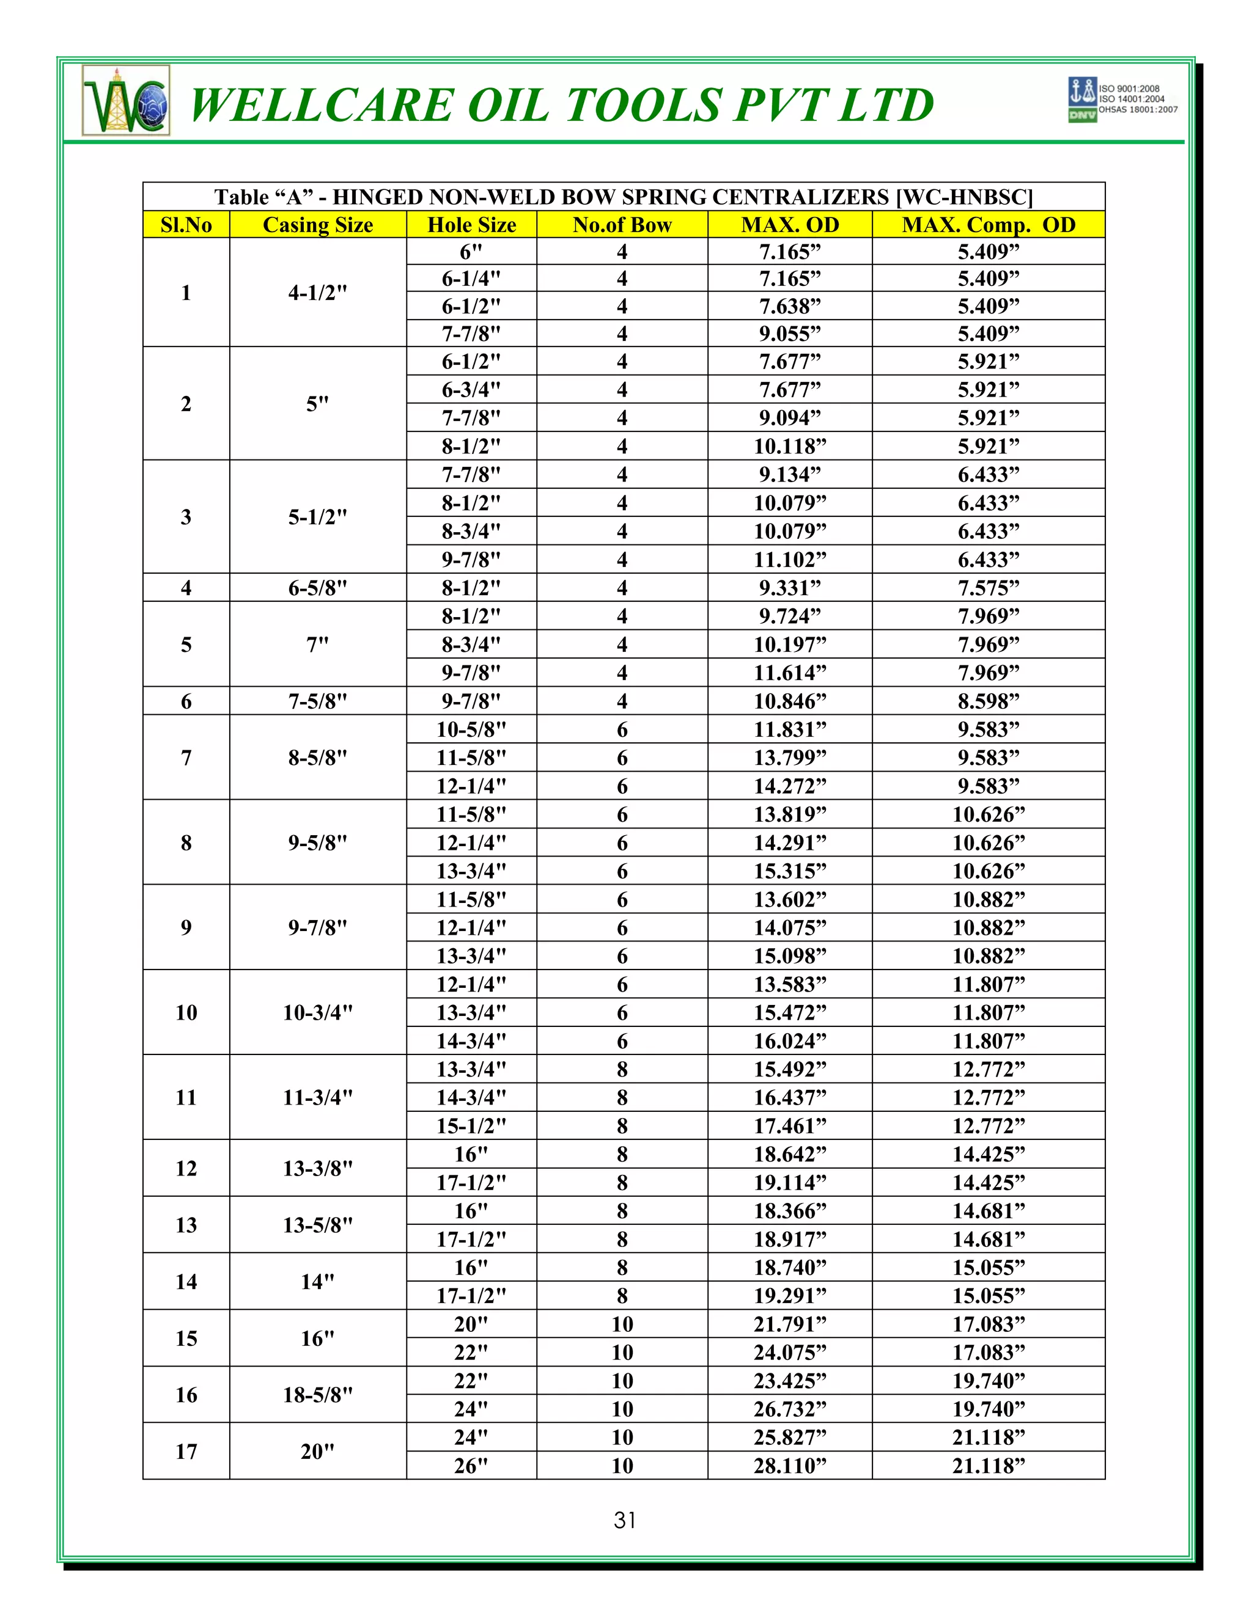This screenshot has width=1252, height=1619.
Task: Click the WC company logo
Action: pyautogui.click(x=126, y=100)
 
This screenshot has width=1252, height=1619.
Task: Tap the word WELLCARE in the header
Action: pyautogui.click(x=320, y=104)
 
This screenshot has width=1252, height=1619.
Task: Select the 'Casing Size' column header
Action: pyautogui.click(x=317, y=225)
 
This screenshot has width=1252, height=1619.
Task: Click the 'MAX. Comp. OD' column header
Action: pyautogui.click(x=988, y=225)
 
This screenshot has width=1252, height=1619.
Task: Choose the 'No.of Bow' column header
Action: pyautogui.click(x=622, y=225)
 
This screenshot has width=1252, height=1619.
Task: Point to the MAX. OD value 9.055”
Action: pyautogui.click(x=789, y=334)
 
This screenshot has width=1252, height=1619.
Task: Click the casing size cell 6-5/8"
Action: pyautogui.click(x=317, y=588)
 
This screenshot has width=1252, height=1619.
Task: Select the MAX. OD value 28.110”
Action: pyautogui.click(x=789, y=1466)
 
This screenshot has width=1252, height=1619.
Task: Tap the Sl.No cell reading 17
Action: pyautogui.click(x=186, y=1452)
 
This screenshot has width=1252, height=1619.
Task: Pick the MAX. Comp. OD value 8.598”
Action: pyautogui.click(x=988, y=701)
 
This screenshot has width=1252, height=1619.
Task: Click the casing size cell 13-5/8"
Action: pyautogui.click(x=317, y=1224)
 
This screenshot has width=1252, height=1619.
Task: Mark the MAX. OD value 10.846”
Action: pyautogui.click(x=789, y=701)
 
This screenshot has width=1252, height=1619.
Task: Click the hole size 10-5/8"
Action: pyautogui.click(x=471, y=729)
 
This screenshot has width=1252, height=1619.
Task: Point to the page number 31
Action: pyautogui.click(x=625, y=1521)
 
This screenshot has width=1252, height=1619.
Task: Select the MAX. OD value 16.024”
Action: pyautogui.click(x=789, y=1041)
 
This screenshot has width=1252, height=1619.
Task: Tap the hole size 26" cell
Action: pyautogui.click(x=471, y=1466)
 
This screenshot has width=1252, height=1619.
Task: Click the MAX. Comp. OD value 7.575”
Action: pyautogui.click(x=988, y=588)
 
